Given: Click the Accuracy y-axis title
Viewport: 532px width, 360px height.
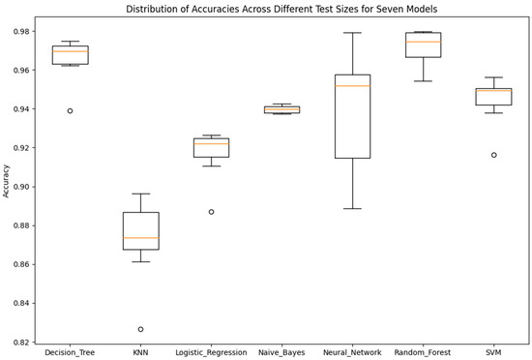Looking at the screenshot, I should [x=8, y=179].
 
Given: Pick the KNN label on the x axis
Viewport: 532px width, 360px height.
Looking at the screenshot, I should [x=141, y=351].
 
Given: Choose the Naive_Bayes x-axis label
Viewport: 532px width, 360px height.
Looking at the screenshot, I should [x=282, y=351].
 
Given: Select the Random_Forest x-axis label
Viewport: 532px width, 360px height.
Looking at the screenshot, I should [x=424, y=351].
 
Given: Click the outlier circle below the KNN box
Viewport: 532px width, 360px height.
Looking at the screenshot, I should [x=141, y=329].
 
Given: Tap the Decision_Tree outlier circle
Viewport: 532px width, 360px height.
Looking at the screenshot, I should [x=71, y=111].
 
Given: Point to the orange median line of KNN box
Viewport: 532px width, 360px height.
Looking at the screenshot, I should [x=141, y=238].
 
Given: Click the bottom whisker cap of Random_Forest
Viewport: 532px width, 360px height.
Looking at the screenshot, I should [x=424, y=81].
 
